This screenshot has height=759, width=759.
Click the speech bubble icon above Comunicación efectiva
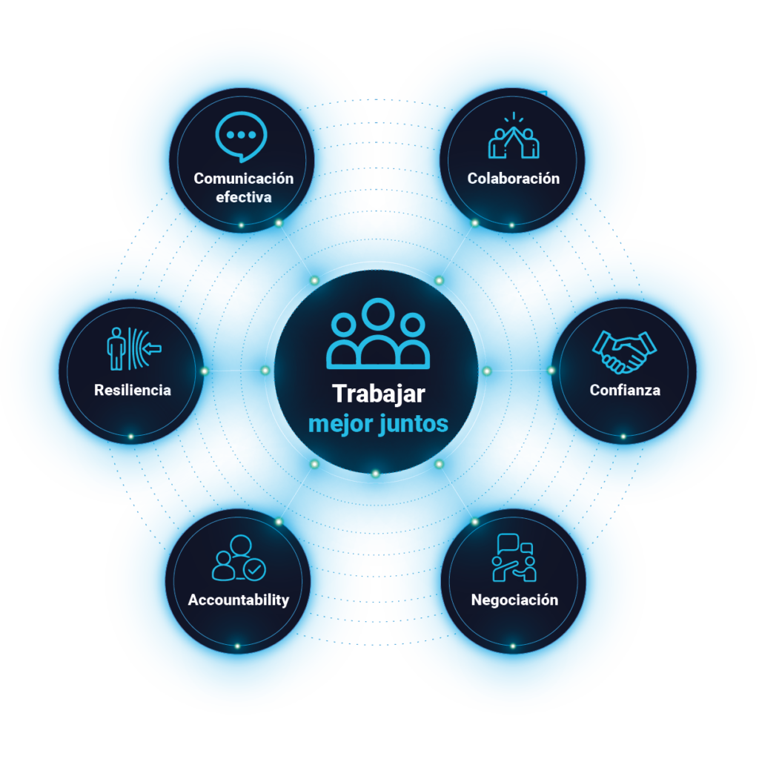[x=241, y=136]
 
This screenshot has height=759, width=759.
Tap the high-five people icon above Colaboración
[x=514, y=136]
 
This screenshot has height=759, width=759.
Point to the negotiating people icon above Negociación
[x=514, y=557]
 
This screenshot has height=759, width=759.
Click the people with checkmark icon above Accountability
[x=239, y=557]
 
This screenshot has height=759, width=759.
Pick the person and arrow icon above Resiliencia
[x=134, y=348]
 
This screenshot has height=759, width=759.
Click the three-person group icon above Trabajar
[x=378, y=334]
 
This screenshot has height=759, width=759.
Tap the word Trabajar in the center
[x=379, y=394]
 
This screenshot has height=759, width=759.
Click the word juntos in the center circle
[x=414, y=424]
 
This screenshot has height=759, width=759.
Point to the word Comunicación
[x=243, y=179]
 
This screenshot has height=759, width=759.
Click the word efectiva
[x=243, y=197]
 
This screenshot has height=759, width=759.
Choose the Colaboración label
[x=513, y=179]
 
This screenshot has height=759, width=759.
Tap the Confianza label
[x=625, y=390]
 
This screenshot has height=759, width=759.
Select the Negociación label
[x=514, y=600]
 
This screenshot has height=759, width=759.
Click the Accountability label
[x=239, y=600]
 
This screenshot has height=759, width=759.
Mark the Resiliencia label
[x=133, y=390]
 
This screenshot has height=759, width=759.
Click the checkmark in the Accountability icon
[x=254, y=569]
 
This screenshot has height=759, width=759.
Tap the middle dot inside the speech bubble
[x=241, y=135]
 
